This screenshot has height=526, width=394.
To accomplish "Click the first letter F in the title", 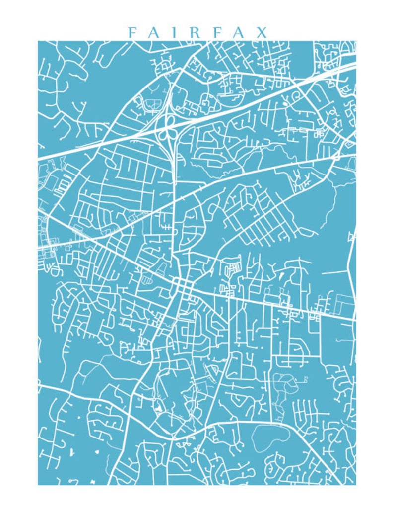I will (x=131, y=33).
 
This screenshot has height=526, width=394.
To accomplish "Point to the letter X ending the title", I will (x=262, y=33).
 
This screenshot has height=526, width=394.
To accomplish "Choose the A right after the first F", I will (x=153, y=33).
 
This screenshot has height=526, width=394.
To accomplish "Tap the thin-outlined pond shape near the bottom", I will (x=270, y=438).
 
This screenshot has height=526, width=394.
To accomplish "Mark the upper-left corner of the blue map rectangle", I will (x=38, y=41).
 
